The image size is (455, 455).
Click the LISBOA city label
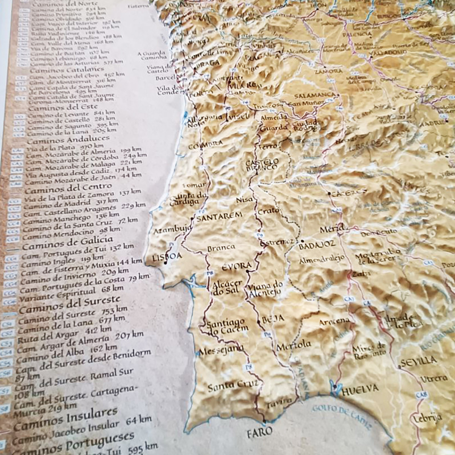point(167,257)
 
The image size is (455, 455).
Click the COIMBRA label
point(205,144)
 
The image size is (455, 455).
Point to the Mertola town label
point(294,345)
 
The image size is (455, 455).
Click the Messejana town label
point(221,348)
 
